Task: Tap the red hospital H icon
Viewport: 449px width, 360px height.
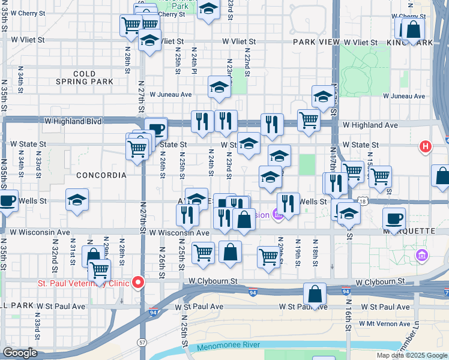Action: [426, 146]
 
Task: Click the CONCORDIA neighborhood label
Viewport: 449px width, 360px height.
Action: [101, 175]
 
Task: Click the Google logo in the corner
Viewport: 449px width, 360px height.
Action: [19, 353]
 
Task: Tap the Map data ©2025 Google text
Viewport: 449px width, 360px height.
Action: [412, 355]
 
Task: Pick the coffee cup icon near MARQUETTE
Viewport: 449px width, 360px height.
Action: [394, 218]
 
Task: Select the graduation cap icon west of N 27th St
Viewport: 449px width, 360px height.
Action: [77, 199]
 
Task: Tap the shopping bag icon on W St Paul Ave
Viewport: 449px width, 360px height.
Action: [315, 294]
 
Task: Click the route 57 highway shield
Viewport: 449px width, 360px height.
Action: [142, 341]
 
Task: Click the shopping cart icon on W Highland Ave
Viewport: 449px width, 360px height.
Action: [309, 119]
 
